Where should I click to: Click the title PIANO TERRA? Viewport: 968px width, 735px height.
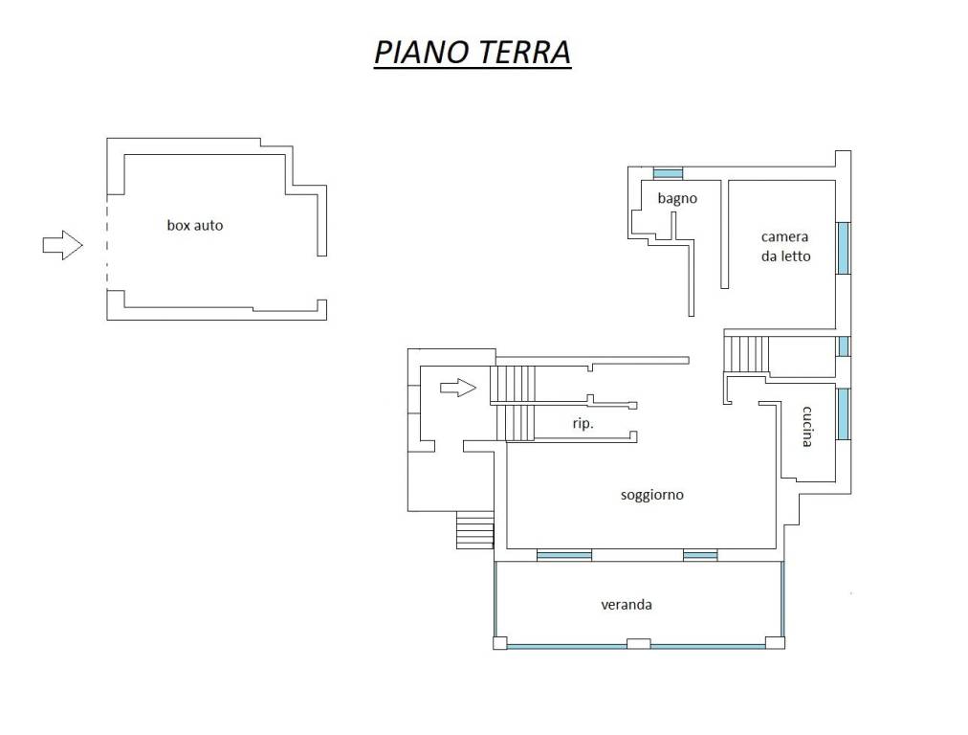click(x=473, y=52)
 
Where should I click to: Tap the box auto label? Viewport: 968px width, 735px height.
click(x=195, y=226)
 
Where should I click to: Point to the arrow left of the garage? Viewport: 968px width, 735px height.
click(x=62, y=245)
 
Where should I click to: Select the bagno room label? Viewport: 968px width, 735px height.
click(x=677, y=198)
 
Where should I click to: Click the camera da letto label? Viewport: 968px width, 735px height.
click(x=785, y=247)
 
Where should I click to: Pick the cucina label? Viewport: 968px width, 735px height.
click(x=807, y=426)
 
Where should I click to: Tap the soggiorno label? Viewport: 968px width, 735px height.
click(x=652, y=495)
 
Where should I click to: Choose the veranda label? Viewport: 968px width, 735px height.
click(x=627, y=605)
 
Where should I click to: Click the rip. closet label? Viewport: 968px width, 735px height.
click(x=583, y=424)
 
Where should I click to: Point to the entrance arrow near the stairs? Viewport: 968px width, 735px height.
click(x=458, y=388)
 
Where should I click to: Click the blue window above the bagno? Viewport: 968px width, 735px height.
click(x=668, y=173)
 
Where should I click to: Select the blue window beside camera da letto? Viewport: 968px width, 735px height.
click(x=844, y=248)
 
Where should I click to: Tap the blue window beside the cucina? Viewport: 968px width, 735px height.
click(x=844, y=413)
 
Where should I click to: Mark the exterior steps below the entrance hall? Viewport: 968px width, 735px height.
click(x=474, y=530)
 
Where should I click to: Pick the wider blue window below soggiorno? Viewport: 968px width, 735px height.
click(x=564, y=555)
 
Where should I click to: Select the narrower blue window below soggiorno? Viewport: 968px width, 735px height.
click(x=700, y=555)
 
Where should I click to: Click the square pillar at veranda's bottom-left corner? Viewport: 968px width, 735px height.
click(x=500, y=643)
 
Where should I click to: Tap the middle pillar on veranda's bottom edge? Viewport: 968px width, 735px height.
click(x=638, y=643)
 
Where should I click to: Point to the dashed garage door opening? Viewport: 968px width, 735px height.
click(x=107, y=242)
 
